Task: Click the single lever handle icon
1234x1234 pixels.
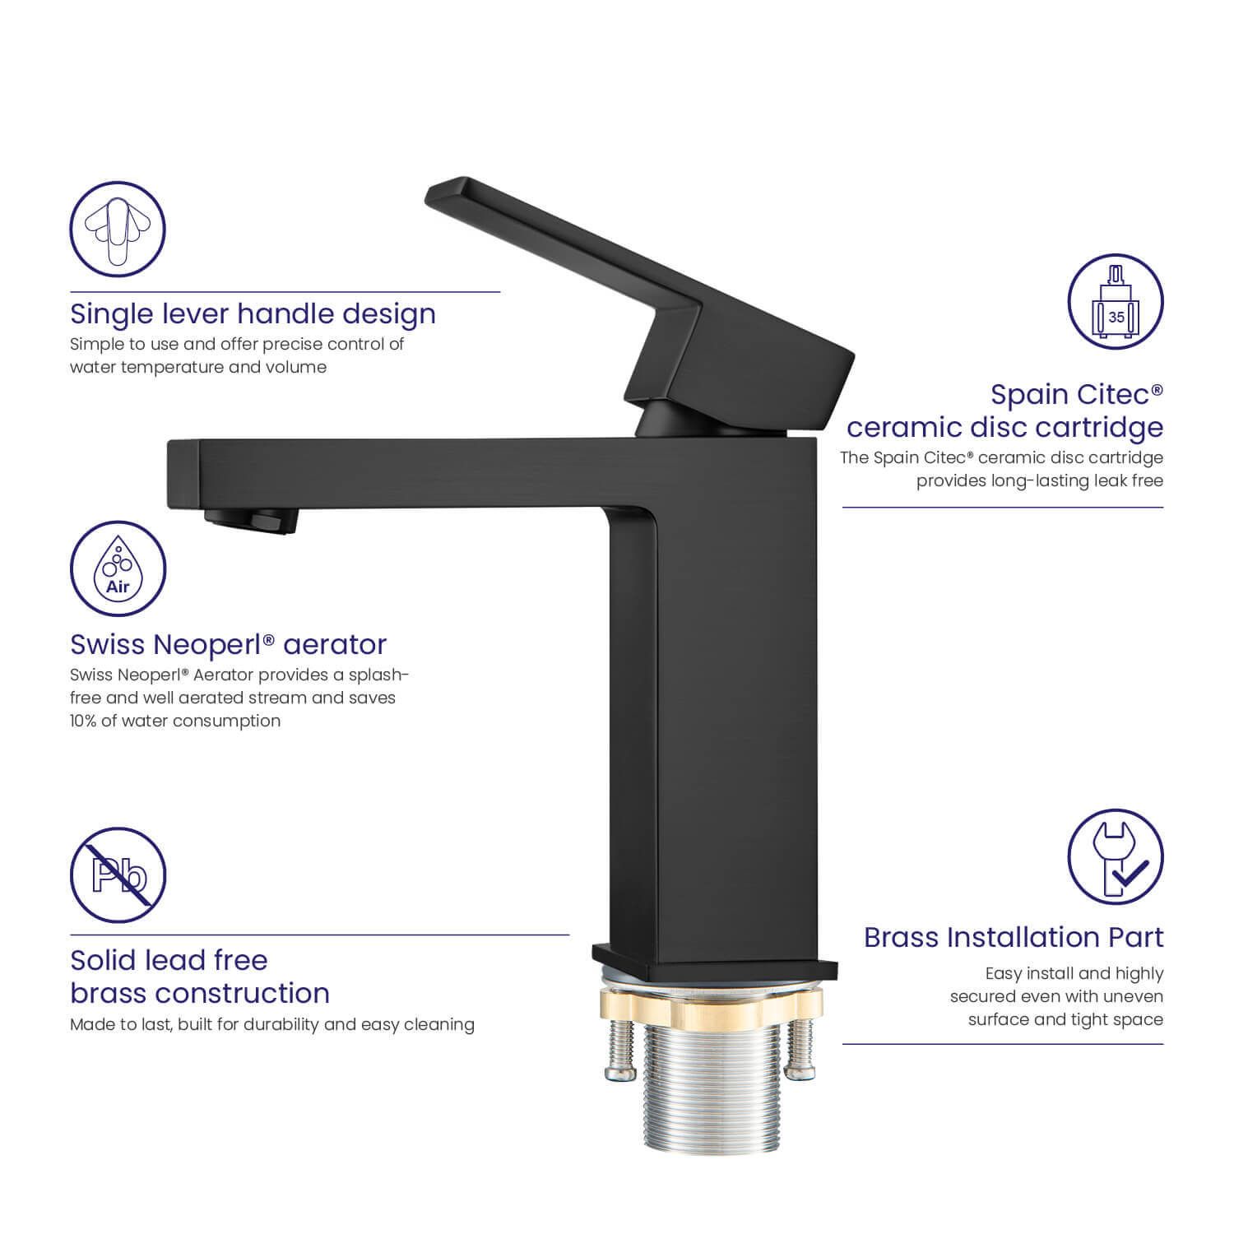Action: coord(118,230)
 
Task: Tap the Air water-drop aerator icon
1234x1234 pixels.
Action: coord(118,569)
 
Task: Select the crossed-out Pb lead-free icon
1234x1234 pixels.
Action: coord(118,875)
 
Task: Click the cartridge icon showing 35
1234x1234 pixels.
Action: coord(1116,302)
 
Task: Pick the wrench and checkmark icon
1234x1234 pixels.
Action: coord(1116,856)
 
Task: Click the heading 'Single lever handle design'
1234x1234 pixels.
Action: coord(253,314)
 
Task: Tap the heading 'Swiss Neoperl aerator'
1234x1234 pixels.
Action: coord(228,644)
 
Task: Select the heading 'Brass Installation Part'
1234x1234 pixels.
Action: coord(1014,937)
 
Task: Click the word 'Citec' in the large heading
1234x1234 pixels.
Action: coord(1120,394)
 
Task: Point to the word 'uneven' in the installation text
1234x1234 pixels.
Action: coord(1134,996)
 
